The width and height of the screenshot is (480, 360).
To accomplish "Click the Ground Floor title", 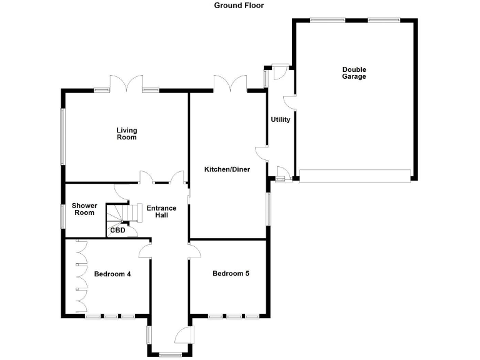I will tap(239, 6).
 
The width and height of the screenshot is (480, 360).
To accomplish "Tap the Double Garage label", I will tap(354, 73).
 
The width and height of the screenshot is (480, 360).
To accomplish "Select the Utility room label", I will tap(280, 119).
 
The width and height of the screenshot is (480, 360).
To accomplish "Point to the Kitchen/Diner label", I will tap(227, 169).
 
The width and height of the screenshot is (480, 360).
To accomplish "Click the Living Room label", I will tap(126, 134).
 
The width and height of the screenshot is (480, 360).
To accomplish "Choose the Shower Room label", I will tap(84, 209).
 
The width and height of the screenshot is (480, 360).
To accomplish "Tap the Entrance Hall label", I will tap(161, 211).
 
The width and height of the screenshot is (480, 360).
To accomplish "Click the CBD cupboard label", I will tap(117, 230).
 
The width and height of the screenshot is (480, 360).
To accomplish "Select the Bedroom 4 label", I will tap(112, 274).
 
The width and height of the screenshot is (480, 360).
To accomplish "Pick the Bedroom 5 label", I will tap(231, 273).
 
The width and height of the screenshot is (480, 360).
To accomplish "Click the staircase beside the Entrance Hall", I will tap(118, 214).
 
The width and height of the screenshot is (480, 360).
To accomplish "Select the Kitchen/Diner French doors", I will tap(230, 84).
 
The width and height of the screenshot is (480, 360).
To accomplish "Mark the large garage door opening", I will tap(354, 175).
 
